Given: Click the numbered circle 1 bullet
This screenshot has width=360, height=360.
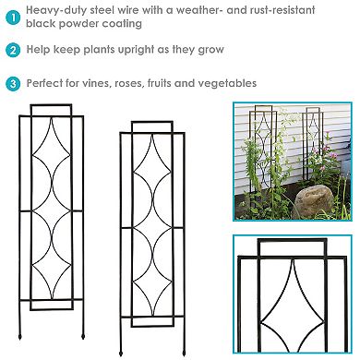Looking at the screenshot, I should (x=11, y=17).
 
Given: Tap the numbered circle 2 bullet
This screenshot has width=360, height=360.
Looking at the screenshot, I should (x=11, y=51).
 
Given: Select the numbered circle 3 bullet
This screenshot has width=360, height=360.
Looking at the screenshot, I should (x=11, y=83).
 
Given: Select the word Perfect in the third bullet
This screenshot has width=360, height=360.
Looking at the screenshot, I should (x=49, y=83).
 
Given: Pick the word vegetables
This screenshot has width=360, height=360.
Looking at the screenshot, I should (x=225, y=83).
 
